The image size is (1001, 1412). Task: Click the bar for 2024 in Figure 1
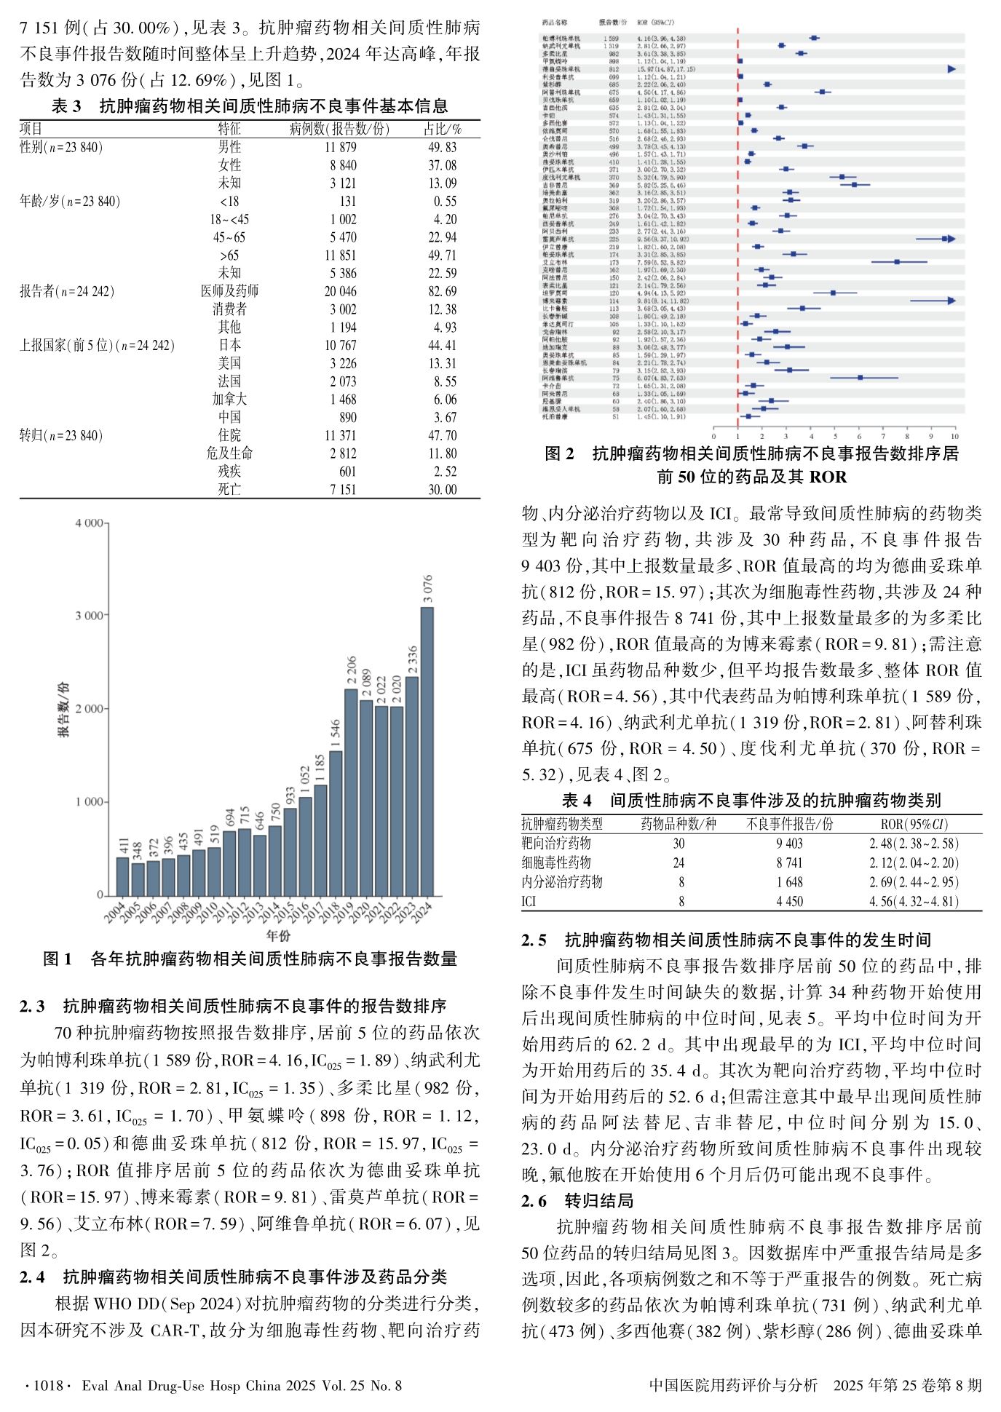point(427,750)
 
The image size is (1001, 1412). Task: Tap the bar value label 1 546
point(336,734)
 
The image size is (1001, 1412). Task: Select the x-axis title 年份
point(278,935)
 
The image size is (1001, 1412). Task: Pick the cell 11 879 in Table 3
point(341,148)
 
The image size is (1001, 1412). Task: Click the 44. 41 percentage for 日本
point(443,346)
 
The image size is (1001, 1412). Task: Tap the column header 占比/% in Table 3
point(443,130)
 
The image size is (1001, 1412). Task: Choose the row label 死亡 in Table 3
point(229,490)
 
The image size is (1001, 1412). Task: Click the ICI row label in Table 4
point(529,902)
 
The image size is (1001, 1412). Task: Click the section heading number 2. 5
point(534,940)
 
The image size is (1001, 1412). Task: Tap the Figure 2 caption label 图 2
point(560,454)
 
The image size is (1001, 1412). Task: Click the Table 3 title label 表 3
point(67,106)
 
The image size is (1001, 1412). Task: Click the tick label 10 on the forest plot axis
point(954,437)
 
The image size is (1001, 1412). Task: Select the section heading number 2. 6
point(534,1201)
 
